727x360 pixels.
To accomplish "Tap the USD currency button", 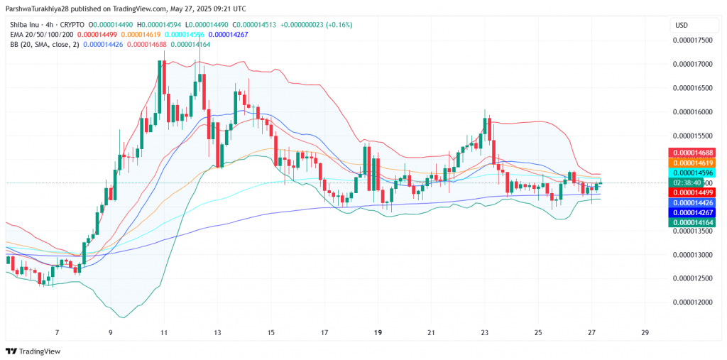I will (x=682, y=26).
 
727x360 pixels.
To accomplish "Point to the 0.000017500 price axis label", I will (x=692, y=40).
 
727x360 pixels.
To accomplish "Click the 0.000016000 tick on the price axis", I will (x=692, y=112).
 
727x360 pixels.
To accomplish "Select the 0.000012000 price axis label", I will (x=692, y=302).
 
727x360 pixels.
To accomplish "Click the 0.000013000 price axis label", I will (x=692, y=255).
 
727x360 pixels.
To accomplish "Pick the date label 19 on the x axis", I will (x=378, y=332).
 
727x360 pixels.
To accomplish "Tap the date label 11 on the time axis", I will (x=164, y=332).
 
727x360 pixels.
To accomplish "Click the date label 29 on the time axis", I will (x=645, y=332).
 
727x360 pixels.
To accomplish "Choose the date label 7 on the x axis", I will (x=57, y=332).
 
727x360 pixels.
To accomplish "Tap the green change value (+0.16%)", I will (x=339, y=25).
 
